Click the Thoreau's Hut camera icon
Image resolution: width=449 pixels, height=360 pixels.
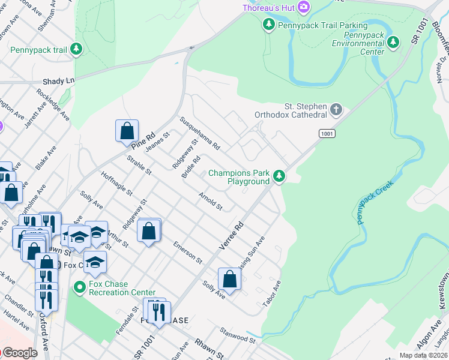(304, 7)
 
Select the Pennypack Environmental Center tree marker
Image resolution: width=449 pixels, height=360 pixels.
(393, 41)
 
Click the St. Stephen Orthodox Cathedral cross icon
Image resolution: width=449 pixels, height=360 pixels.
(336, 110)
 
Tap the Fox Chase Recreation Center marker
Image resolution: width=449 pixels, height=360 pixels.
(79, 287)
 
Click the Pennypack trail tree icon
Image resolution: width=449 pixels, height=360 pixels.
(76, 49)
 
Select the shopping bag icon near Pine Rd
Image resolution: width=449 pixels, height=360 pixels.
(127, 130)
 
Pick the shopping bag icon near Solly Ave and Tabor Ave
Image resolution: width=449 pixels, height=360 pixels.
(229, 278)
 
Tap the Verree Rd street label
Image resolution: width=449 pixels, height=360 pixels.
(231, 236)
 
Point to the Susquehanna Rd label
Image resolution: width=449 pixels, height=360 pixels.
(200, 134)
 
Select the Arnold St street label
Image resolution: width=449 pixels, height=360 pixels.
(211, 202)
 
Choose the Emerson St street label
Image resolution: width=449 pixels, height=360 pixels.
(187, 252)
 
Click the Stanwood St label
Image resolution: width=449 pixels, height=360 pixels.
(238, 335)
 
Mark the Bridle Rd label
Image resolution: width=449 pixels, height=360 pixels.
(190, 168)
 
